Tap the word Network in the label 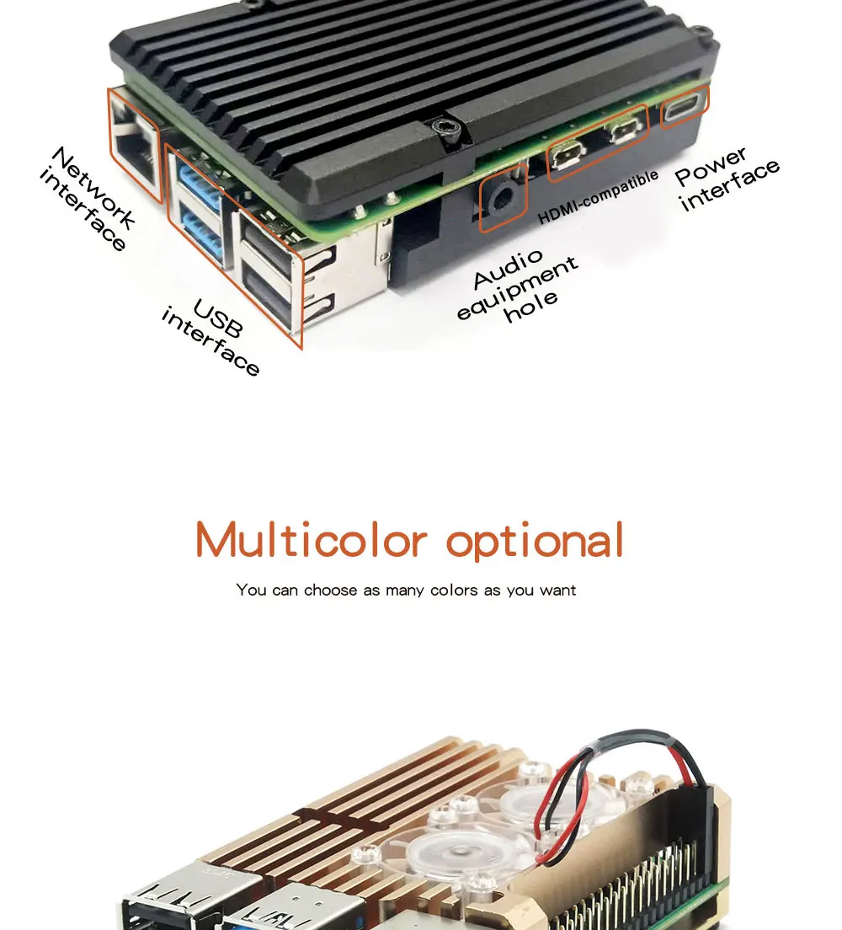[x=93, y=188]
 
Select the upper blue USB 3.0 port [x=196, y=183]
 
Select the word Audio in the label [x=508, y=269]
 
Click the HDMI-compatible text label [x=598, y=196]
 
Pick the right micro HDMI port [x=623, y=130]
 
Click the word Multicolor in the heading [x=311, y=540]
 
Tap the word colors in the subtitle [x=454, y=590]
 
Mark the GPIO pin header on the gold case [x=640, y=885]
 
